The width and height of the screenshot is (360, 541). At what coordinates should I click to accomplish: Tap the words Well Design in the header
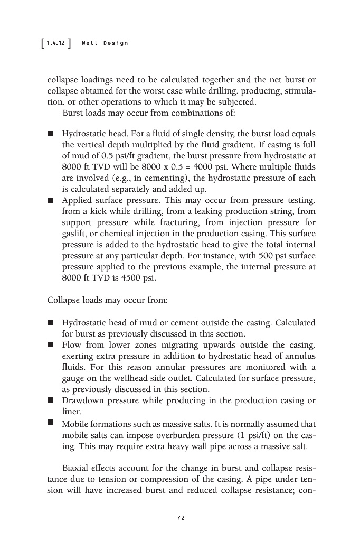(105, 43)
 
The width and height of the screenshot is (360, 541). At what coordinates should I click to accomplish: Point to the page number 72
(181, 518)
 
